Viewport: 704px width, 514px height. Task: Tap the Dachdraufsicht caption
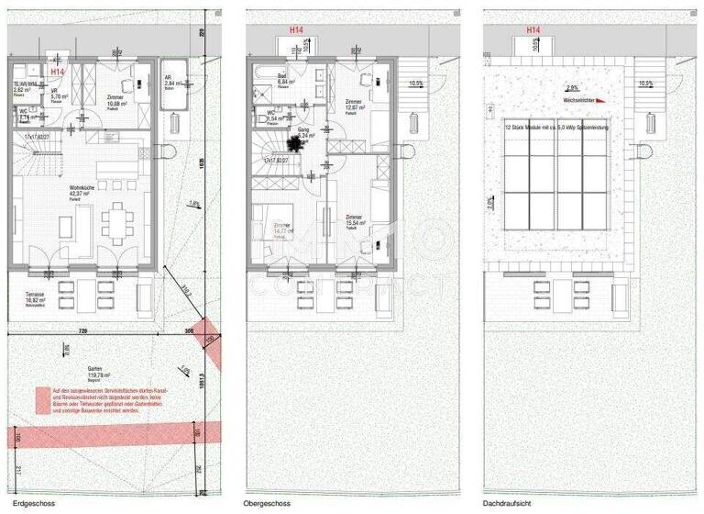506,504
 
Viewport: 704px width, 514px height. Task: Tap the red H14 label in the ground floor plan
58,72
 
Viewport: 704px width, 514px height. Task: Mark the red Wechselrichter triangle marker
600,101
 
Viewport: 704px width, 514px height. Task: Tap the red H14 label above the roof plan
533,30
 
